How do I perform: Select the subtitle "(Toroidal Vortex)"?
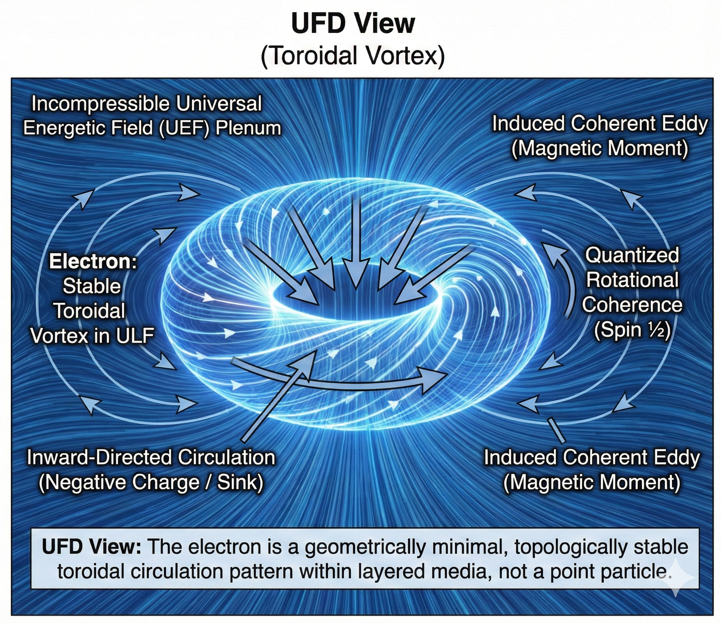(x=353, y=56)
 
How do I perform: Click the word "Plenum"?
(x=248, y=128)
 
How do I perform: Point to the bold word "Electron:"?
(x=93, y=262)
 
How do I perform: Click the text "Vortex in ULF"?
(x=92, y=336)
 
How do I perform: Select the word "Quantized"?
(x=632, y=256)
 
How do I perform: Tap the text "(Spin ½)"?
(x=632, y=330)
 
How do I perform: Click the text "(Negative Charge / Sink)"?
(x=151, y=482)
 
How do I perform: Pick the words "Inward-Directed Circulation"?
(x=151, y=458)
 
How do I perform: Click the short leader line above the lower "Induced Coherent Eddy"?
(x=556, y=430)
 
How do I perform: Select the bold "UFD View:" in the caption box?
(x=91, y=547)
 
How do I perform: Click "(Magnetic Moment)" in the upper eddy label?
(x=599, y=148)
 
